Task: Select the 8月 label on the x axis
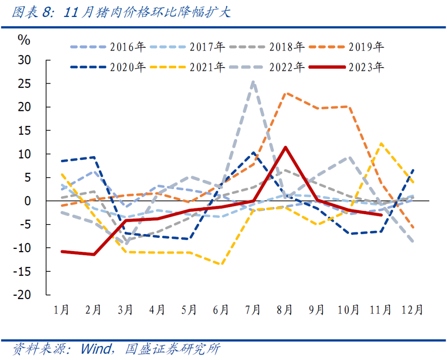[x=285, y=309]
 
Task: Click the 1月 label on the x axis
[x=61, y=309]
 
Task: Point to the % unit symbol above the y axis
[x=24, y=40]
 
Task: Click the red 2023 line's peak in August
[x=285, y=147]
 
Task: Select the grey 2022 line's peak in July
[x=253, y=82]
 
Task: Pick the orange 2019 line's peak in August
[x=285, y=93]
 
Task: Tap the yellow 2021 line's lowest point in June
[x=221, y=264]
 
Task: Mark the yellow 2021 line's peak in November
[x=381, y=144]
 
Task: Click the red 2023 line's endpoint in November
[x=381, y=215]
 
